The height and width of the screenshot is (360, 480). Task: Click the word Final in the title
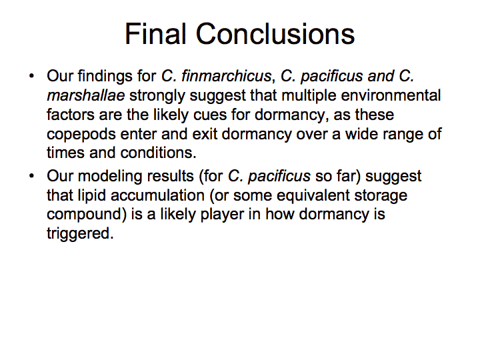click(155, 34)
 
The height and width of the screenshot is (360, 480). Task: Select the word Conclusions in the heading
click(275, 34)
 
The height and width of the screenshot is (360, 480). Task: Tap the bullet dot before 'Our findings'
click(31, 75)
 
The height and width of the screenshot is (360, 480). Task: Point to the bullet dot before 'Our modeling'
click(31, 176)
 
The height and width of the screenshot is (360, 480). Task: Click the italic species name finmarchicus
click(226, 76)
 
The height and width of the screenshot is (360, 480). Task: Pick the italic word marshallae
click(86, 95)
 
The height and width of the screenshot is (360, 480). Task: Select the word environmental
click(391, 95)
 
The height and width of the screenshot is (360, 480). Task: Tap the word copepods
click(81, 135)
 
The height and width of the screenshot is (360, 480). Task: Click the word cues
click(210, 115)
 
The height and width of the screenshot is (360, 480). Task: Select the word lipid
click(92, 196)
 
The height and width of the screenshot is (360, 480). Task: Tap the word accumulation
click(157, 195)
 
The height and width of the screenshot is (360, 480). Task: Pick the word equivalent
click(313, 196)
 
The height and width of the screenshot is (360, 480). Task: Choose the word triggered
click(80, 234)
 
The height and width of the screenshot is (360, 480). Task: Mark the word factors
click(71, 115)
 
